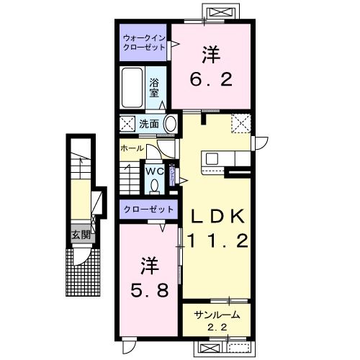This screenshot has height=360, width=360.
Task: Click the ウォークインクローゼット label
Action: [143, 42]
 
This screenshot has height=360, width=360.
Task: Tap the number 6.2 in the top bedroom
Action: [211, 79]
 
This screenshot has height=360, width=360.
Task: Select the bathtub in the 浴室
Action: [133, 88]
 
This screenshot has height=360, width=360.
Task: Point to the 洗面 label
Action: [149, 123]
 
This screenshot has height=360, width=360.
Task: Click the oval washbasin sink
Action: [170, 123]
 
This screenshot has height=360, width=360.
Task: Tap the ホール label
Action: [131, 148]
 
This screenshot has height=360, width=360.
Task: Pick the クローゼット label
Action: [148, 210]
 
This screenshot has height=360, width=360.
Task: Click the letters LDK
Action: [219, 217]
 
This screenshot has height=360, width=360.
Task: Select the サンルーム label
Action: [216, 315]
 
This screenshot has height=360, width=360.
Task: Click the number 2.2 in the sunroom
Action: [216, 328]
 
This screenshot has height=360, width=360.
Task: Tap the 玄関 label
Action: [80, 234]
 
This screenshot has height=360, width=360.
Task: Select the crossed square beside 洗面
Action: [127, 123]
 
